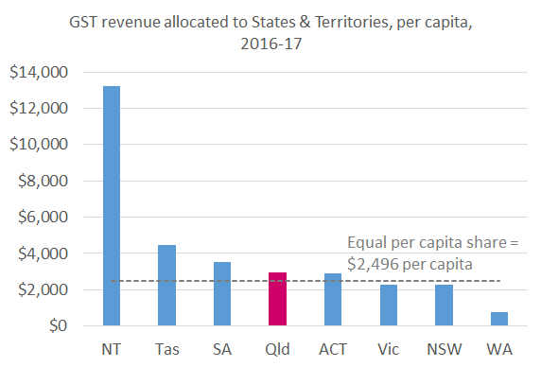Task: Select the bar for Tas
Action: point(166,285)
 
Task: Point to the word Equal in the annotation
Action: point(367,242)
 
